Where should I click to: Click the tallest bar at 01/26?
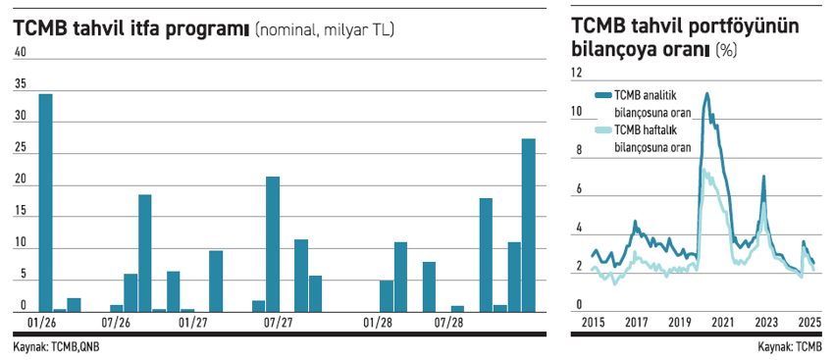click(45, 201)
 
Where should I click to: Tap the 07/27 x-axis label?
click(279, 322)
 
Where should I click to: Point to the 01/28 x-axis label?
click(378, 322)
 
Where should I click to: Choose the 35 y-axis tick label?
click(20, 85)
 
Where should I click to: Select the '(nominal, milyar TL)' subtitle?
click(324, 31)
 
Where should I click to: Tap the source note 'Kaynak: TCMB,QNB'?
click(56, 346)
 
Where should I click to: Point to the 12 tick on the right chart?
click(577, 73)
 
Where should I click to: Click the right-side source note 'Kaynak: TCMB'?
click(790, 346)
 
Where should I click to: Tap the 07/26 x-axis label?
click(117, 322)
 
